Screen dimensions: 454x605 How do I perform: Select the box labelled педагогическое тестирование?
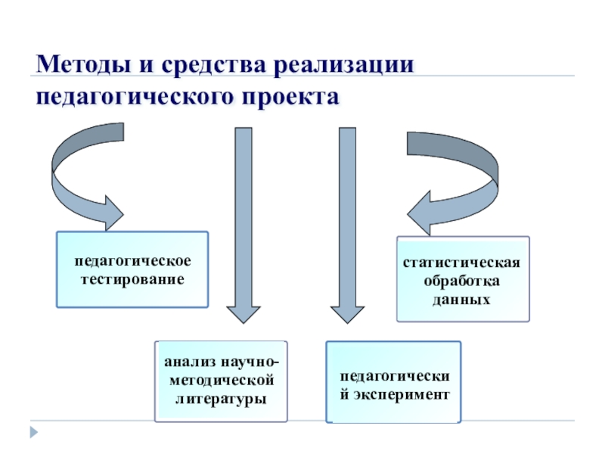pyautogui.click(x=132, y=269)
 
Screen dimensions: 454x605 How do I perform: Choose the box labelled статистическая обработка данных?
pyautogui.click(x=463, y=279)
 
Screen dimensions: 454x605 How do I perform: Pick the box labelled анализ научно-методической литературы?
pyautogui.click(x=221, y=381)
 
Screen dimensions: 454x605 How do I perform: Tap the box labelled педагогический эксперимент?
pyautogui.click(x=393, y=382)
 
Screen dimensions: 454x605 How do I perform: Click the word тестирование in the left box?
pyautogui.click(x=132, y=278)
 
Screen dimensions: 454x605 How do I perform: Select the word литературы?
pyautogui.click(x=221, y=397)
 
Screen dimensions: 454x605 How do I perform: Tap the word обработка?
pyautogui.click(x=462, y=281)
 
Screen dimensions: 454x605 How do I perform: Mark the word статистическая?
pyautogui.click(x=462, y=263)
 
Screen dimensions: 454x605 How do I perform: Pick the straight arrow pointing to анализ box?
pyautogui.click(x=243, y=227)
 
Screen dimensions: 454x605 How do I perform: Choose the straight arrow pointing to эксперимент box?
pyautogui.click(x=346, y=227)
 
